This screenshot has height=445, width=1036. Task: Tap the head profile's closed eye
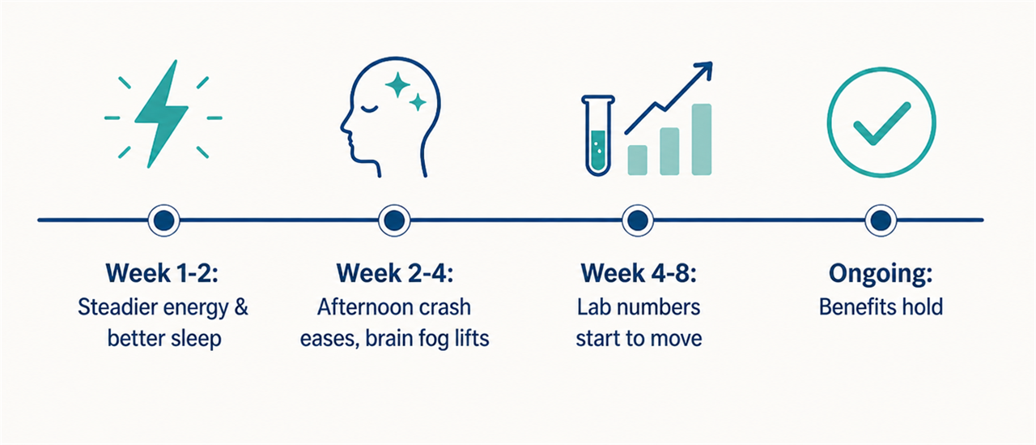[369, 109]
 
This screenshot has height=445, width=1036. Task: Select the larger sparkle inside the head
[397, 85]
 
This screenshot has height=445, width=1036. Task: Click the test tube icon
[597, 135]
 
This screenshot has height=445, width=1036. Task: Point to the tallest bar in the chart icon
[701, 139]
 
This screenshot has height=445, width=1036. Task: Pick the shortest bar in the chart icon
[637, 160]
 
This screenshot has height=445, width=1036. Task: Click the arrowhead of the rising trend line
[703, 71]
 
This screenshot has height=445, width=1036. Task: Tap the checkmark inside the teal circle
[881, 124]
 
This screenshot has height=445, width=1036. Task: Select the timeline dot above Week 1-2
[163, 220]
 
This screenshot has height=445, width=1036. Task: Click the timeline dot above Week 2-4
[394, 220]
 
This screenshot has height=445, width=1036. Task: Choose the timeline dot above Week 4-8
[638, 220]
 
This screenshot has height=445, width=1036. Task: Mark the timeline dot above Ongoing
[881, 220]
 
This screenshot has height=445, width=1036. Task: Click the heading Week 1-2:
[162, 273]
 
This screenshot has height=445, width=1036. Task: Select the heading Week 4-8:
[639, 273]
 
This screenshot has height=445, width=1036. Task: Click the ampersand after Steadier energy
[240, 307]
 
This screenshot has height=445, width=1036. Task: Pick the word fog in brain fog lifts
[433, 340]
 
